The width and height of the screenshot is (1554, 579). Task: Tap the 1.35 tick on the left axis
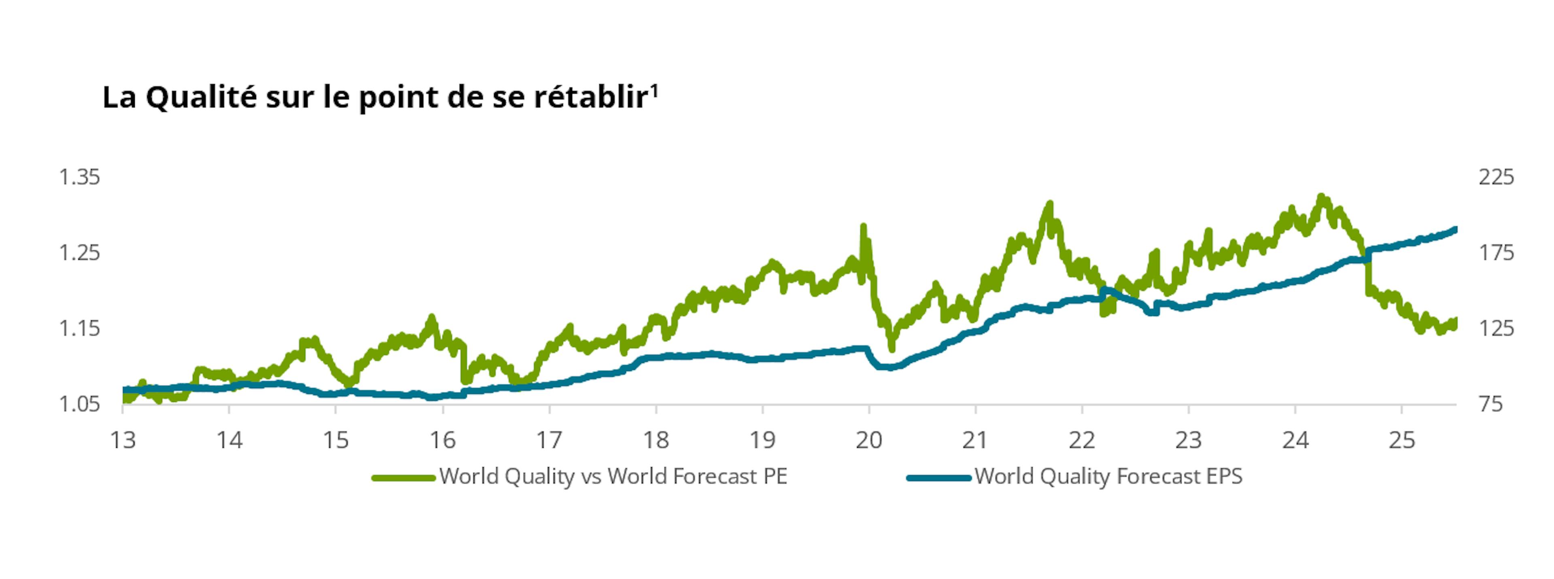[x=79, y=177]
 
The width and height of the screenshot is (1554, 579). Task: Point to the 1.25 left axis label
[x=79, y=253]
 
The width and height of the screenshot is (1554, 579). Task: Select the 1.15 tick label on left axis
[x=79, y=329]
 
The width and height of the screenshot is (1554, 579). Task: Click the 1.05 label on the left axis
[x=79, y=404]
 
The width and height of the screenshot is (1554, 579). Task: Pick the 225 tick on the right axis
[x=1496, y=177]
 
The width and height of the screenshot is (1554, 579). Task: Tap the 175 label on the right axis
[x=1496, y=253]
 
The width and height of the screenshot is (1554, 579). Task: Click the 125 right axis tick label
[x=1496, y=329]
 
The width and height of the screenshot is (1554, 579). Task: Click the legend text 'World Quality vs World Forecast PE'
[x=614, y=477]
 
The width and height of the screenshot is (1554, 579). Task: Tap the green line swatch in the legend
[x=403, y=478]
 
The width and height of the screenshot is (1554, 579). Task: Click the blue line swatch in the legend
[x=939, y=478]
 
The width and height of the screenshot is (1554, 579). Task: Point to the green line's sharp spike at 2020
[x=863, y=228]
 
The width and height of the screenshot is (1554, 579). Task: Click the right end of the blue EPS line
[x=1455, y=229]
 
